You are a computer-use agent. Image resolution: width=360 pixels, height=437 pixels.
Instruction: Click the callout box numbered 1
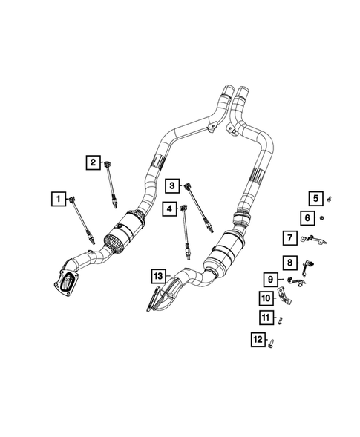point(56,199)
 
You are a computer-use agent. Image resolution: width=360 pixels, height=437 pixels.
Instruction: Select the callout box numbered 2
point(93,162)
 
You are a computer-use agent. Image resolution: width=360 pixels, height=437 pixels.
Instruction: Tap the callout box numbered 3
point(171,185)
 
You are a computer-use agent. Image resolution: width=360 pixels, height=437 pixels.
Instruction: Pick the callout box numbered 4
point(170,209)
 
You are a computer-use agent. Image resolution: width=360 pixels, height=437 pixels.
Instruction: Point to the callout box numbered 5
point(315,197)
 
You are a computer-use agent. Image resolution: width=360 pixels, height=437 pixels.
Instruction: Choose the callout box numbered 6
point(307,217)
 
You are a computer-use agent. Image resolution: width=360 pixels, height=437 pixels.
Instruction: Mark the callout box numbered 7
point(289,237)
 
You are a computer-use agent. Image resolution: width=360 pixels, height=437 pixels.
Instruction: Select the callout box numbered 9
point(271,280)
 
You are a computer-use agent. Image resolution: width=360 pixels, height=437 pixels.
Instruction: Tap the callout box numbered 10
point(265,298)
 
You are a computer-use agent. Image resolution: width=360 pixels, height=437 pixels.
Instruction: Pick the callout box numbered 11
point(265,318)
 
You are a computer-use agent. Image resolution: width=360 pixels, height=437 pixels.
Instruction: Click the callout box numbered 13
point(157,276)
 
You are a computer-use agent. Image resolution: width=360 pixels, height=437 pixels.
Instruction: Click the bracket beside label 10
point(284,298)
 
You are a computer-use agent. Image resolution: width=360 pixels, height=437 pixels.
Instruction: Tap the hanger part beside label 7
point(315,238)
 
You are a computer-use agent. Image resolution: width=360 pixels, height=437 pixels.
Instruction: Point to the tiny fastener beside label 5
point(330,198)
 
